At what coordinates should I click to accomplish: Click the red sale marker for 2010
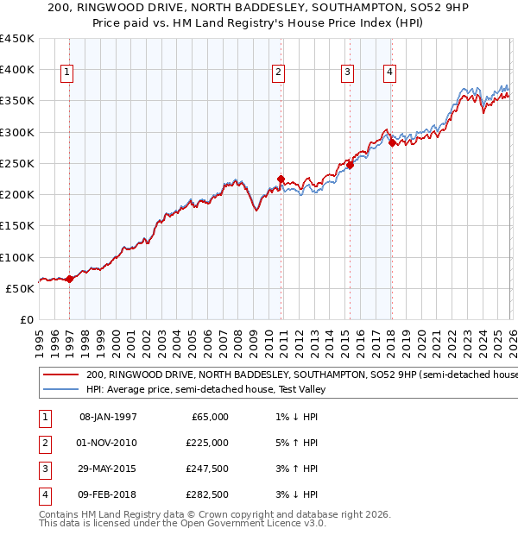coord(281,179)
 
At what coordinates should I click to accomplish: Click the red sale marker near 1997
coord(70,279)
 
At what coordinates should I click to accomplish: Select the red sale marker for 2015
coord(351,165)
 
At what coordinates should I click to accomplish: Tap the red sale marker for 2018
coord(392,143)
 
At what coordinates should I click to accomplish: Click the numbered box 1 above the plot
coord(66,73)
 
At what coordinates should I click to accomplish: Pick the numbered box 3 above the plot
coord(347,73)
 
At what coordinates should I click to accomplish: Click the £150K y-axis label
coord(17,225)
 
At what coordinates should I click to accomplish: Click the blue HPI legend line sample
coord(60,389)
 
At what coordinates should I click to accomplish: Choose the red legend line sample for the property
coord(60,374)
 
